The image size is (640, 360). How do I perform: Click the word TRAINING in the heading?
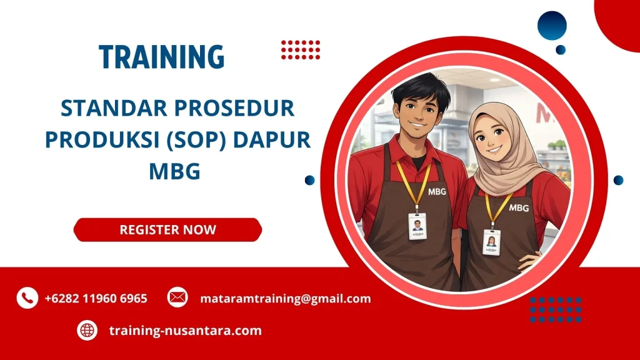[x=161, y=57]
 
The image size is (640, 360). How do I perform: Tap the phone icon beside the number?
[x=27, y=298]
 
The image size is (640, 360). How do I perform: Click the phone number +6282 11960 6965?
[x=96, y=299]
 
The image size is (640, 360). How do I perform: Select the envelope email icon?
[x=177, y=298]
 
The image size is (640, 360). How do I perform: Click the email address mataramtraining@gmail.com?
[x=285, y=299]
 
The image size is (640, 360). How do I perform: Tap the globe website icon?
[x=87, y=331]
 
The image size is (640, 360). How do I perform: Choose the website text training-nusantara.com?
[x=185, y=331]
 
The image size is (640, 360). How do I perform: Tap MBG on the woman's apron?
[x=519, y=207]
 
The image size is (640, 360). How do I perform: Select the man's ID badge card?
[x=417, y=226]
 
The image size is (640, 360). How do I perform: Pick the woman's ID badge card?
[x=491, y=242]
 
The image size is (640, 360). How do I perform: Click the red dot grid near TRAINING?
[x=300, y=49]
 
